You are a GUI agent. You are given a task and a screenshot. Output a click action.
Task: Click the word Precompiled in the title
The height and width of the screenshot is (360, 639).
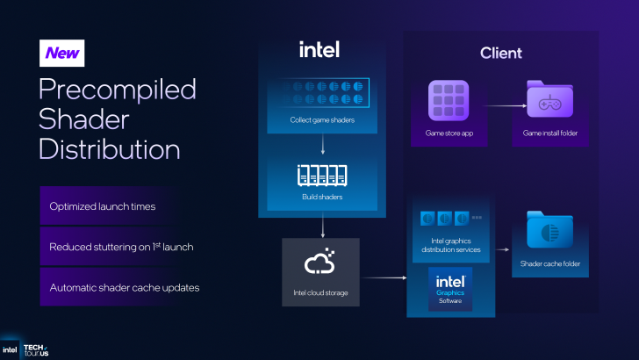tap(118, 90)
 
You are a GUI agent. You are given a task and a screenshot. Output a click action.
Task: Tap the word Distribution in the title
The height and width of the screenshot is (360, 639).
tap(110, 148)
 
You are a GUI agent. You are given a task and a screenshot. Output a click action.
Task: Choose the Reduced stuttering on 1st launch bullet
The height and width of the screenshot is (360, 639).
tap(121, 247)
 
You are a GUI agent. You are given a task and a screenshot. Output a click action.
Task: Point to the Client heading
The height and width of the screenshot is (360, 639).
tap(500, 53)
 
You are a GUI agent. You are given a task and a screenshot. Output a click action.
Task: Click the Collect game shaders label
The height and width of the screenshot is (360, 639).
tap(322, 119)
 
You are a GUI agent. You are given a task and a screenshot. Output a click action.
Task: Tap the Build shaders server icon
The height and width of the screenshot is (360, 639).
tap(322, 176)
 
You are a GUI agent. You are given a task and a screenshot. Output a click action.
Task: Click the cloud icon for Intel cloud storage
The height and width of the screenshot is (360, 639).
tap(320, 263)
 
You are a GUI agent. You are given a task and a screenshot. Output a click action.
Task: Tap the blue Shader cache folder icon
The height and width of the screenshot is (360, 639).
tap(549, 233)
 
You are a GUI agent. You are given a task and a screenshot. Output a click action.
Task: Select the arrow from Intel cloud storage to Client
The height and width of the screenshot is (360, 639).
tap(382, 278)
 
